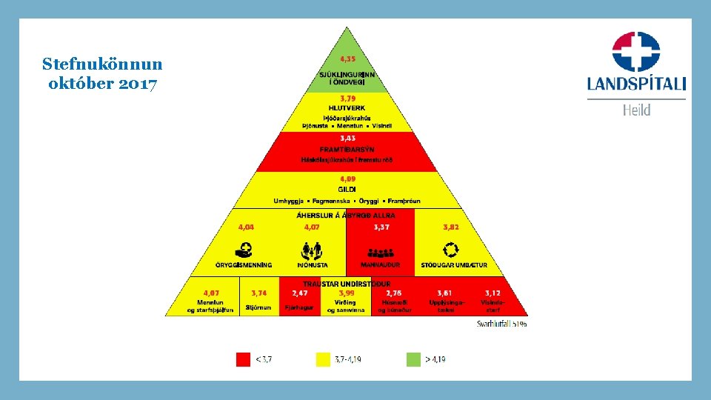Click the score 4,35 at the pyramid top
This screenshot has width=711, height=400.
tap(347, 59)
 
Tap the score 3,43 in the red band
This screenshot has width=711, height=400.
tap(347, 139)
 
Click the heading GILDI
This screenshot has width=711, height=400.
tap(347, 190)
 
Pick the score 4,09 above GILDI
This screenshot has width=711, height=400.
tap(347, 179)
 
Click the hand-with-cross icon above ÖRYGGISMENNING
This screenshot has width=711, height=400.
tap(242, 250)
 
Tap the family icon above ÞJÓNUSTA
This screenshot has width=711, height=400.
tap(311, 250)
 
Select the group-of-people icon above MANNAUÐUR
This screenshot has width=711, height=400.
tap(381, 252)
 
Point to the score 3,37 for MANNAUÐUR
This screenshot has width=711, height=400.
tap(381, 227)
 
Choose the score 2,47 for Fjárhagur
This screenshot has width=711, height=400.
tap(300, 293)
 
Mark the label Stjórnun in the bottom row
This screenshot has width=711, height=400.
tap(258, 307)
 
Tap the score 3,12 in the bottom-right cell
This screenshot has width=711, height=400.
tap(492, 293)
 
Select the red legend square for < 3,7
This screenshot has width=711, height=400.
tap(243, 359)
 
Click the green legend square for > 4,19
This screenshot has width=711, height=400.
tap(413, 359)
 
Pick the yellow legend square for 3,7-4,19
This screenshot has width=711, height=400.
tap(323, 359)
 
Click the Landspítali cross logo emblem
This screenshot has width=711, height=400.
tap(636, 50)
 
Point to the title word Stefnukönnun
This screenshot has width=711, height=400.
tap(102, 64)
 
